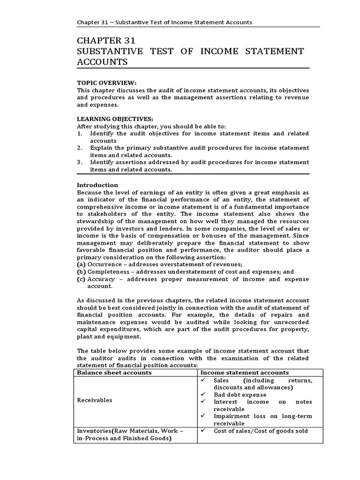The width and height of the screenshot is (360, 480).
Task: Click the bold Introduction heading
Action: tap(97, 185)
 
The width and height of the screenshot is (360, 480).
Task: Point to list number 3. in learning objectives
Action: tap(80, 162)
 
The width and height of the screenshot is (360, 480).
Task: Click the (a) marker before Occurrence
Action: tap(81, 264)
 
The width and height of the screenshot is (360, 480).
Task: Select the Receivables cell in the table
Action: tap(95, 400)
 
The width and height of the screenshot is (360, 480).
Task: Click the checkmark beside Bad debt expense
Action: tap(202, 395)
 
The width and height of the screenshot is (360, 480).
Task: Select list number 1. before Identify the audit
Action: tap(80, 134)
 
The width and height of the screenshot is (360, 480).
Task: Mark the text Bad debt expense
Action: tap(240, 395)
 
